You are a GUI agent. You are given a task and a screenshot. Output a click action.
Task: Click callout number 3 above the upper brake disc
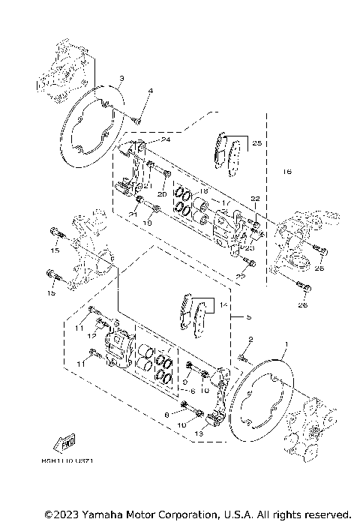tap(121, 78)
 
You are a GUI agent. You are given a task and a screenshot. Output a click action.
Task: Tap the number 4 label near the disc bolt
tap(150, 91)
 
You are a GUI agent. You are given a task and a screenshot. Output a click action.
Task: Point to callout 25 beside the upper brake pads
tap(256, 142)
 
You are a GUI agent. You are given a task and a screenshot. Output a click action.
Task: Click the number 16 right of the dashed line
tap(286, 172)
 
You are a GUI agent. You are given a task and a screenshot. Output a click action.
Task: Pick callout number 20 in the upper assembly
tap(161, 194)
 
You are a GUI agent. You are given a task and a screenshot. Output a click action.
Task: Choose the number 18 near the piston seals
tap(202, 192)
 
